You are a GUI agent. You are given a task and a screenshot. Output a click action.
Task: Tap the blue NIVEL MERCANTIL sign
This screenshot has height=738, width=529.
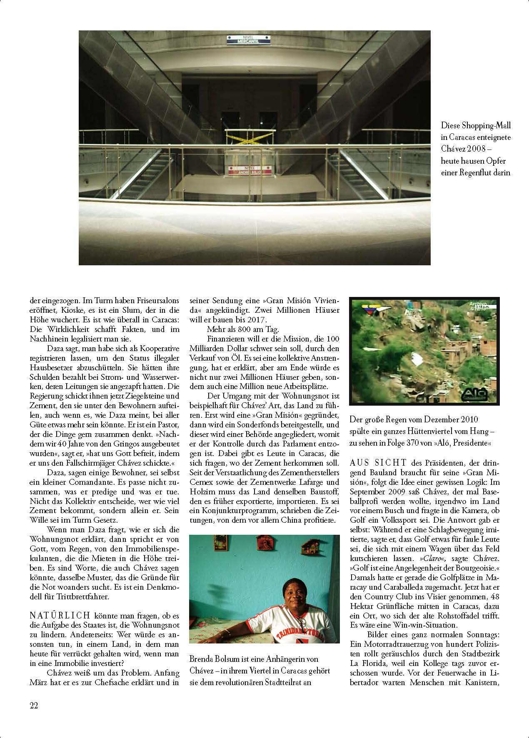pyautogui.click(x=248, y=40)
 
